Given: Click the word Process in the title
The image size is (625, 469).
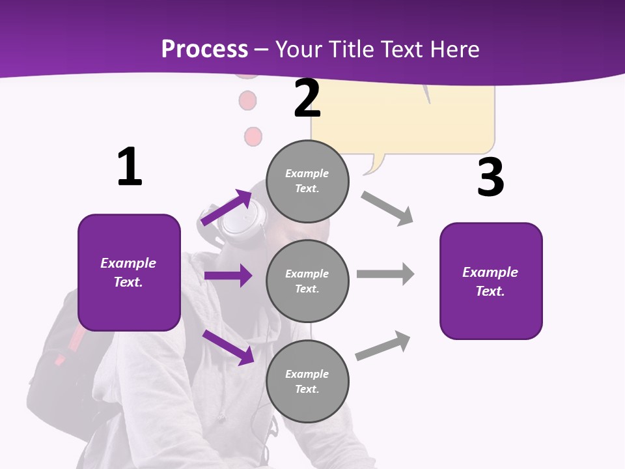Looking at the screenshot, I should tap(204, 50).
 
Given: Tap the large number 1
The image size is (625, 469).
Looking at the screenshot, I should tap(130, 167).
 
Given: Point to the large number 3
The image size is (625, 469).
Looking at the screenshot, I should tap(490, 177).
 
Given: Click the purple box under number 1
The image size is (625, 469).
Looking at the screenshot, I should tap(129, 272).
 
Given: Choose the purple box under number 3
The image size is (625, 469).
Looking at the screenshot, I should tap(491, 281).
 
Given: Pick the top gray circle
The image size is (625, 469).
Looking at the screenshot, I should tap(307, 181).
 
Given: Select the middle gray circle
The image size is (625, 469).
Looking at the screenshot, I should tap(307, 281).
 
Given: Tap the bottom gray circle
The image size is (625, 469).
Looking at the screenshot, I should tap(307, 381).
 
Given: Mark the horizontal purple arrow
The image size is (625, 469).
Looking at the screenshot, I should tap(228, 276).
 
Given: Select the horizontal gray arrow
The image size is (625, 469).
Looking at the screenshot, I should tap(385, 274).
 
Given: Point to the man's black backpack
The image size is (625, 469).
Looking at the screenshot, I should tap(59, 365).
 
